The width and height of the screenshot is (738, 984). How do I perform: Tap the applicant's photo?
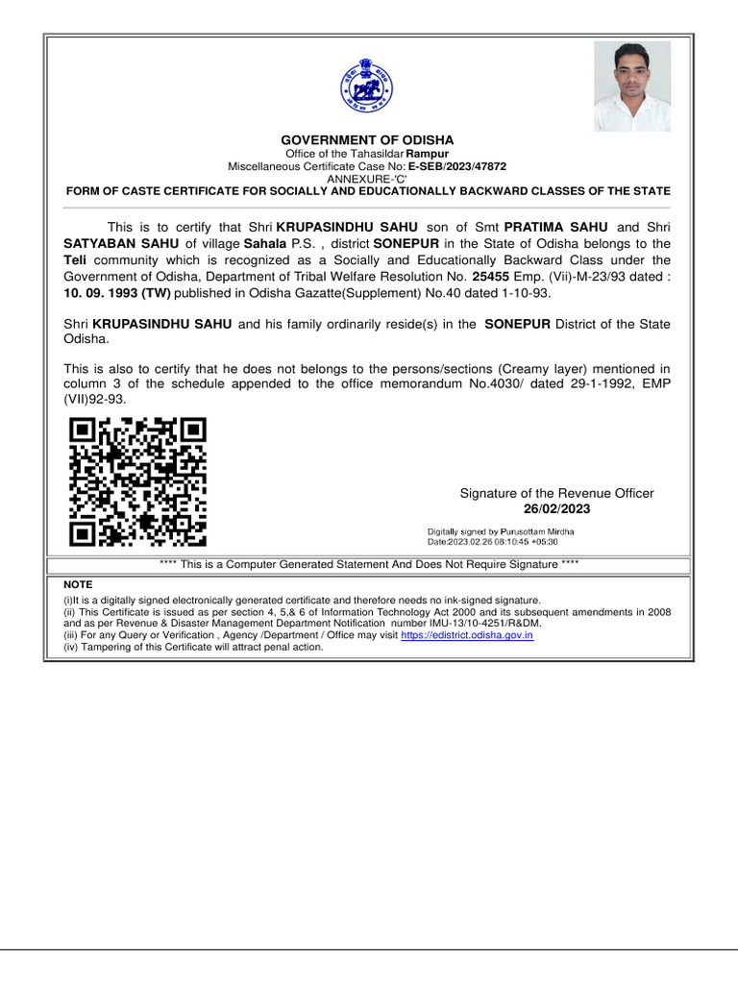click(631, 86)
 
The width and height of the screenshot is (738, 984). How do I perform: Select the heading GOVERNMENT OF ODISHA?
click(367, 140)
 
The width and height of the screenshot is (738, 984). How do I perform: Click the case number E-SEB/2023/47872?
click(457, 166)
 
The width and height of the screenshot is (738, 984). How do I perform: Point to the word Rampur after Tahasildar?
click(427, 154)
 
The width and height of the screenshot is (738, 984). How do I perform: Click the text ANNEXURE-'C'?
click(367, 179)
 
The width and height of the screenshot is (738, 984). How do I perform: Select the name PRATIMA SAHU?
click(556, 227)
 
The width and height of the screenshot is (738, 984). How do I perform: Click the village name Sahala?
click(265, 244)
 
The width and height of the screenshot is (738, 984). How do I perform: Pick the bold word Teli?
click(75, 260)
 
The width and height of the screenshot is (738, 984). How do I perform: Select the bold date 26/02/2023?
click(556, 509)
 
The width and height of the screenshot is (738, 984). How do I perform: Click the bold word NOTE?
click(78, 584)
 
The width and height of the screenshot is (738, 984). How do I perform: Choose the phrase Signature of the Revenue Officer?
click(556, 493)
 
